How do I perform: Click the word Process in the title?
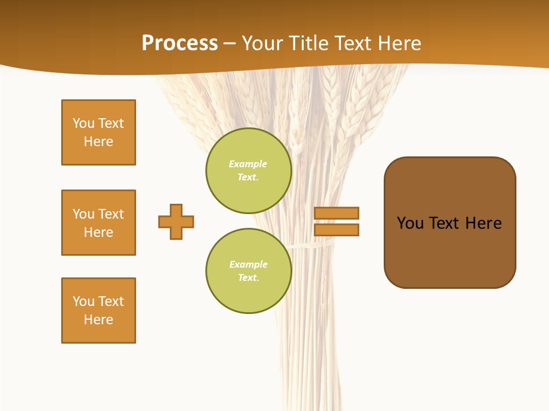180,43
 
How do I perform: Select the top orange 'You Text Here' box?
98,132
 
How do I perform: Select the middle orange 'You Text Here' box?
98,223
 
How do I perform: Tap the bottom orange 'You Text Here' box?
98,311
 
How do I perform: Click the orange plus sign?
176,221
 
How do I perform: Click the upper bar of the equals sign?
336,213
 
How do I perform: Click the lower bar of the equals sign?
336,229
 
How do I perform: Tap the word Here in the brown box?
483,223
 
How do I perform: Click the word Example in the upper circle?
248,164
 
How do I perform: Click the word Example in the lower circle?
248,264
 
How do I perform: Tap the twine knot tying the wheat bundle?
312,245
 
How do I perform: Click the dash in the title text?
229,43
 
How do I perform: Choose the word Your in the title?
262,43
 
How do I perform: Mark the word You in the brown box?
410,223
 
